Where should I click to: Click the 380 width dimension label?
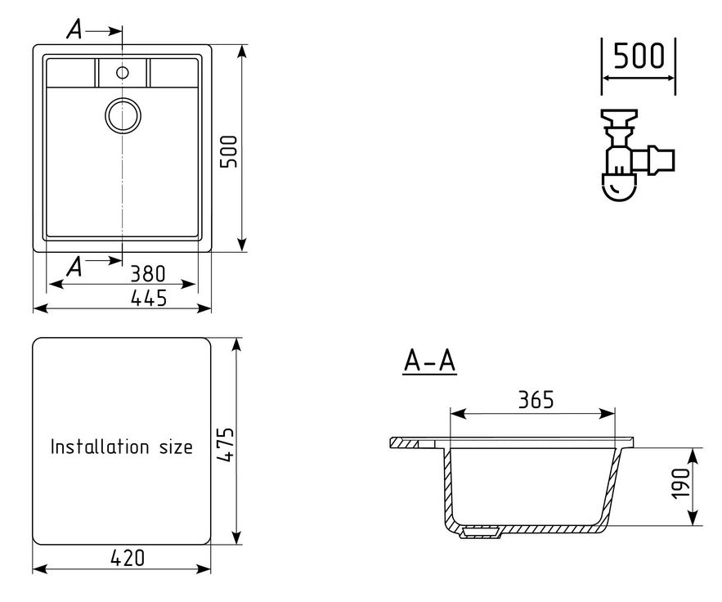coord(148,273)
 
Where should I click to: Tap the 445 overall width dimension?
coord(149,298)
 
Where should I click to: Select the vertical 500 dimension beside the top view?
coord(229,151)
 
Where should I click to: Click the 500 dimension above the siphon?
coord(639,56)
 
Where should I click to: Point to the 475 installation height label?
coord(226,445)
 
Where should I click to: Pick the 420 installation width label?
coord(128,558)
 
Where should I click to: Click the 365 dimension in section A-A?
coord(536,399)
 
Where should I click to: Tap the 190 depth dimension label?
coord(681,483)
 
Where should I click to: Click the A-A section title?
coord(429,361)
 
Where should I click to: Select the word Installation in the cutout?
coord(100,447)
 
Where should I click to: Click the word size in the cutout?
coord(176,447)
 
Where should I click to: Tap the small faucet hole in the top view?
coord(123,72)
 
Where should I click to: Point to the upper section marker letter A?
coord(74,29)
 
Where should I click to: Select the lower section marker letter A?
coord(74,267)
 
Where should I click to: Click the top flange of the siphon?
coord(619,115)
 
